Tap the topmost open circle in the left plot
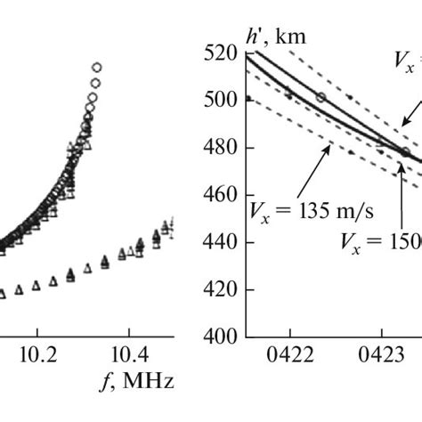pyautogui.click(x=96, y=68)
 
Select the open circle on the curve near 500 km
pyautogui.click(x=321, y=96)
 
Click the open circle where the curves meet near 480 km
pyautogui.click(x=406, y=152)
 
